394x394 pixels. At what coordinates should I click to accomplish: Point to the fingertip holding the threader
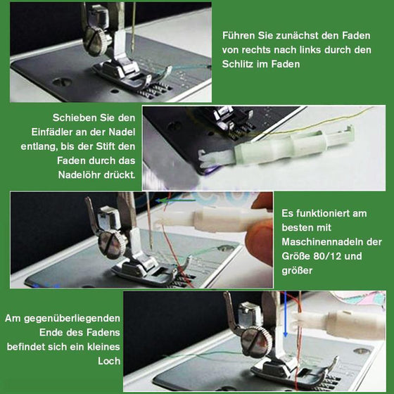click(262, 229)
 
